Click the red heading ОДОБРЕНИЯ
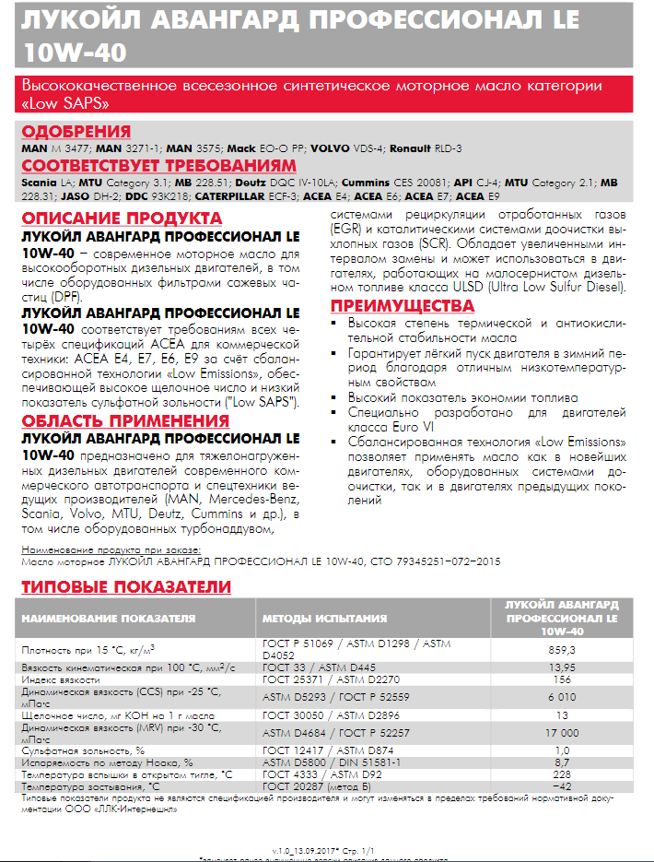[x=76, y=131]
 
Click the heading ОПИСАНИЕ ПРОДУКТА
[x=122, y=218]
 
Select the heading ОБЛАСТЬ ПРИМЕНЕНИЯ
[x=125, y=421]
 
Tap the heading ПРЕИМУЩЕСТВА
[x=403, y=306]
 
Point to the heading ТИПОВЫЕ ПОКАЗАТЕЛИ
[x=126, y=587]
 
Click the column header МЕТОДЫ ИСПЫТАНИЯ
[x=324, y=618]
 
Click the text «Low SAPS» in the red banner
[x=57, y=103]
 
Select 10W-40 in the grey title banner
[x=76, y=50]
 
